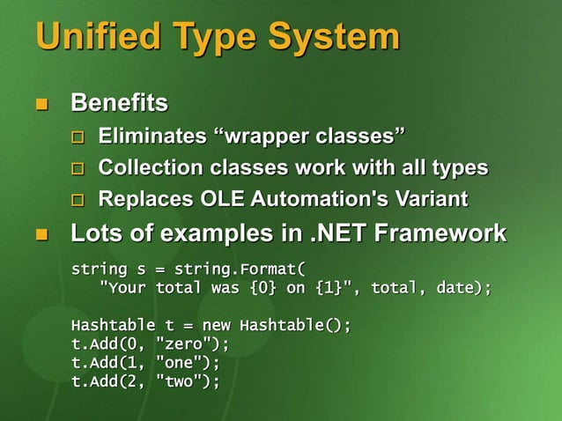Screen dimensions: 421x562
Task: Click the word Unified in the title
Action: tap(88, 37)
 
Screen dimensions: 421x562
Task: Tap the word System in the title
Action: tap(334, 37)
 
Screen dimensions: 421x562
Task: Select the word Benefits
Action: tap(119, 104)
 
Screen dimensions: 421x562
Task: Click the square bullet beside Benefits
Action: tap(39, 106)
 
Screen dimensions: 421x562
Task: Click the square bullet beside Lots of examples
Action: tap(39, 235)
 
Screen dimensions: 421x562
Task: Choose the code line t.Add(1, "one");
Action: tap(145, 362)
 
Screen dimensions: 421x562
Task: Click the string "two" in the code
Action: tap(180, 380)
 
